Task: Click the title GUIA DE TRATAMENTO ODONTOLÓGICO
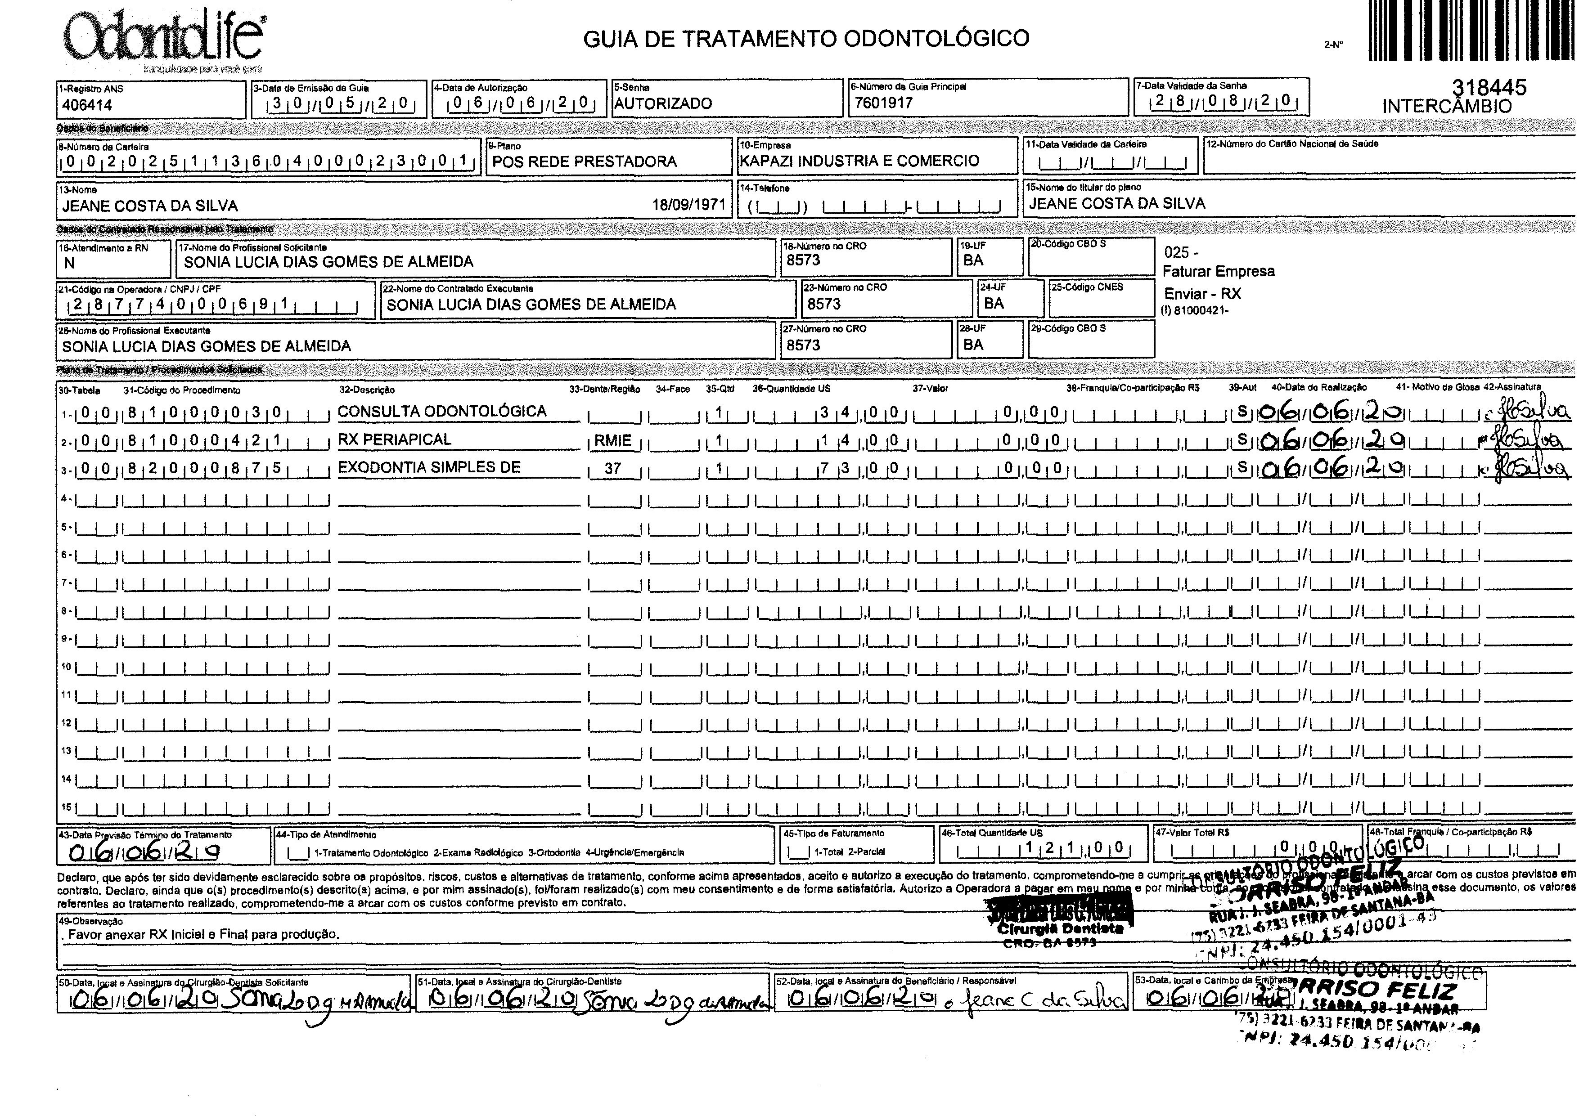coord(806,39)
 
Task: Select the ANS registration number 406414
coord(87,105)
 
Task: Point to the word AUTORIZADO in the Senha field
coord(663,104)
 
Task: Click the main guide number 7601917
coord(884,103)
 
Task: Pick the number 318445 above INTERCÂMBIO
coord(1489,87)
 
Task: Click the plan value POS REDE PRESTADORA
coord(585,161)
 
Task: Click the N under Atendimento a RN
coord(69,263)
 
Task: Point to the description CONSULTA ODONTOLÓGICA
coord(441,411)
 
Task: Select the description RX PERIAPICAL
coord(394,439)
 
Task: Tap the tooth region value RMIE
coord(613,441)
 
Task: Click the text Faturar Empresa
coord(1218,272)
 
